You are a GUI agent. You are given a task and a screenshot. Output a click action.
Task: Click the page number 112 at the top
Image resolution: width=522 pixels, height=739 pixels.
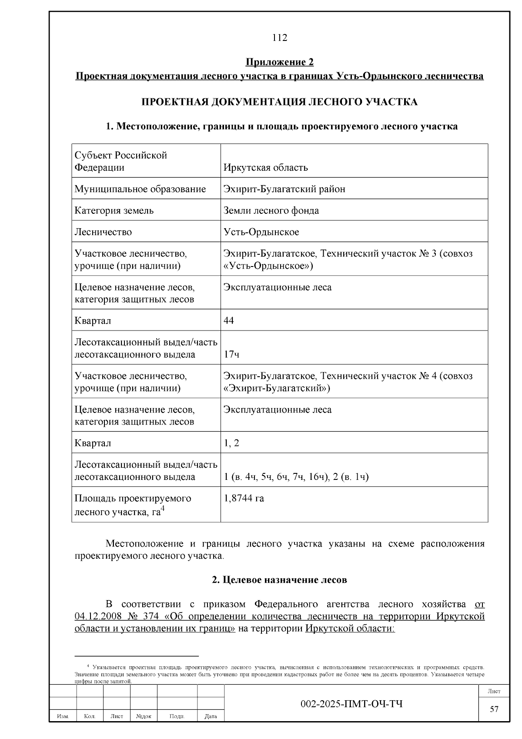coord(280,38)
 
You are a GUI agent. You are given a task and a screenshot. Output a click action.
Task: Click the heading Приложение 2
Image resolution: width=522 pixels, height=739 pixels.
coord(280,62)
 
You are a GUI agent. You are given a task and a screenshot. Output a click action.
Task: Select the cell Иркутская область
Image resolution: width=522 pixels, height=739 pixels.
coord(265,168)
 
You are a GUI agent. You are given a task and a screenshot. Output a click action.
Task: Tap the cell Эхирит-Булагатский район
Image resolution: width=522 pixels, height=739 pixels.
coord(284,189)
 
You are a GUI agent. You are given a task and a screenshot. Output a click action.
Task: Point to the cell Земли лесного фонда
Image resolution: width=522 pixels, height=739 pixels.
coord(271,211)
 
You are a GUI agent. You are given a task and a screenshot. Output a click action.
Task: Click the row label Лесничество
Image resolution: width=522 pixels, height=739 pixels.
coord(103,232)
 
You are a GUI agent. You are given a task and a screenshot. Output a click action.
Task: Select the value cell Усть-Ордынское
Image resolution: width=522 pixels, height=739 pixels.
coord(261,232)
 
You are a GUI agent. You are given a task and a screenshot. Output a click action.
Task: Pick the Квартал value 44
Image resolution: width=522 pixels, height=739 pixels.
coord(229,321)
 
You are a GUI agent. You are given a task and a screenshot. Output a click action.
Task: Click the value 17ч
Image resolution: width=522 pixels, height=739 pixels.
coord(231,354)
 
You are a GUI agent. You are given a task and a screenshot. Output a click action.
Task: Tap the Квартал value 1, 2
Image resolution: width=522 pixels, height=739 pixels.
coord(231,443)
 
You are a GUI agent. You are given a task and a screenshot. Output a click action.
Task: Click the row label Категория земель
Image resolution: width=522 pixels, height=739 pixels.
coord(114,211)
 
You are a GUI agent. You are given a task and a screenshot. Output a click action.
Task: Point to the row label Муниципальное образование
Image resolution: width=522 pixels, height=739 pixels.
coord(140,189)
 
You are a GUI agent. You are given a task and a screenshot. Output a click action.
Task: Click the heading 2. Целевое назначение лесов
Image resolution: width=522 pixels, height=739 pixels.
coord(280,580)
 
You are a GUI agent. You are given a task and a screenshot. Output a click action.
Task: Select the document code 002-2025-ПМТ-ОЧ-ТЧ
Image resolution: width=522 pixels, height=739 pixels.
coord(351,704)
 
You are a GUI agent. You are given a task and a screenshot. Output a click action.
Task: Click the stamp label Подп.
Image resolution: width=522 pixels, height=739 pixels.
coord(177,716)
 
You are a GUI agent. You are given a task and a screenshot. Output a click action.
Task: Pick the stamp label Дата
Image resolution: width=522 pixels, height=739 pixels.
coord(211,716)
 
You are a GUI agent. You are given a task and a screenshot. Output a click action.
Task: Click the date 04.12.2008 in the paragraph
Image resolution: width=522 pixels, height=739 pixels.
coord(95,617)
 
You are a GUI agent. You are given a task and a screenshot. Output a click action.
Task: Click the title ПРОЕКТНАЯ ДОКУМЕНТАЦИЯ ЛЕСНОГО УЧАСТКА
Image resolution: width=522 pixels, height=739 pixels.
coord(280,102)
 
